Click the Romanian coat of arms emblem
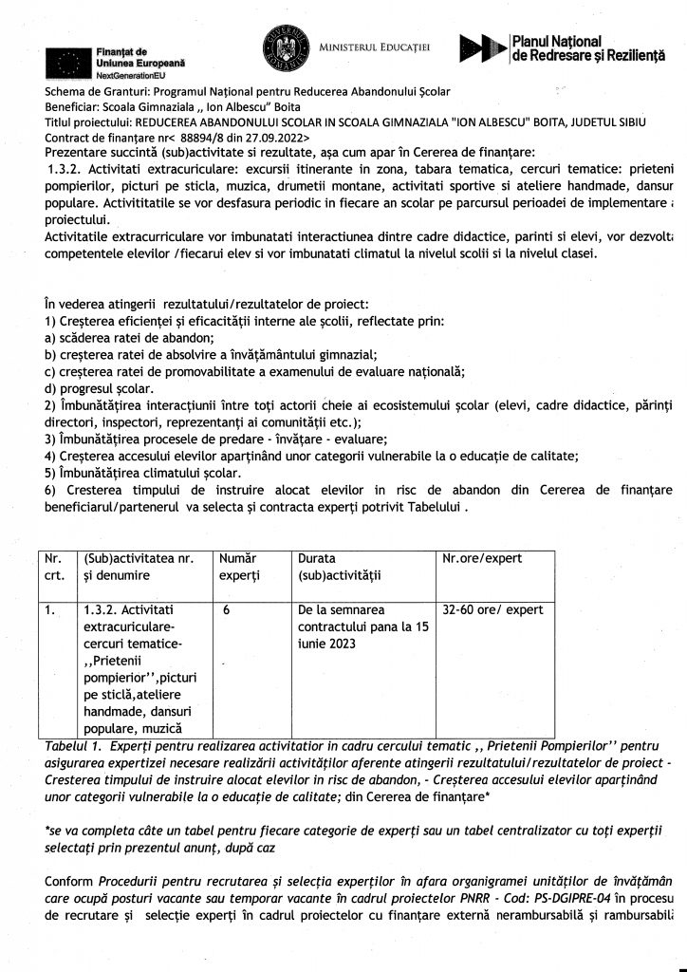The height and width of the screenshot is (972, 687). coord(282,49)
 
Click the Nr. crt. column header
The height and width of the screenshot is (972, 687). coord(54,567)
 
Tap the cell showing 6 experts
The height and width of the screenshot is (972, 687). coord(228,612)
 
